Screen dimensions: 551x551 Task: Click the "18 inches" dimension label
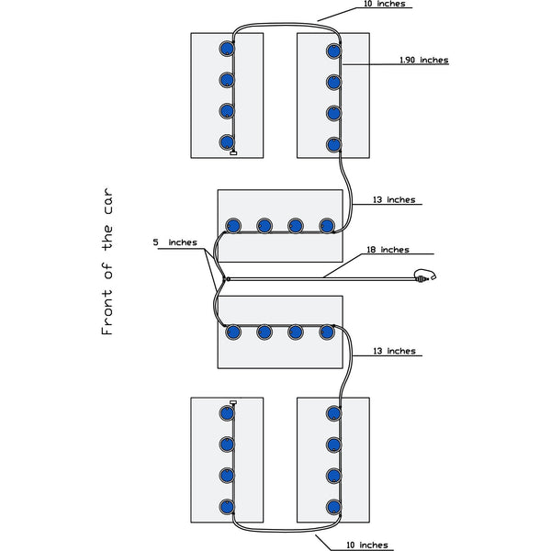(x=388, y=250)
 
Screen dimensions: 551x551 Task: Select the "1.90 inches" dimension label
(x=424, y=60)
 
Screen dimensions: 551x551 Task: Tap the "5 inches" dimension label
(x=174, y=242)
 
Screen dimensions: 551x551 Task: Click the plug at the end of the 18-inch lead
(x=423, y=275)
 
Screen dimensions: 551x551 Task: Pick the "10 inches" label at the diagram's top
(x=381, y=4)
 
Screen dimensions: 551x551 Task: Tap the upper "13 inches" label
(x=394, y=199)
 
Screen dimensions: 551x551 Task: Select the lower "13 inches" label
(x=394, y=351)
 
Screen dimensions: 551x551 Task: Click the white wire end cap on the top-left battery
(x=233, y=152)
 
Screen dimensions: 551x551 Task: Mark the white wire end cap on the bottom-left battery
(x=233, y=402)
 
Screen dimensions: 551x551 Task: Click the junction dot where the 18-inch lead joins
(x=225, y=277)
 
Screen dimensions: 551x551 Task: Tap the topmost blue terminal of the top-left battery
(x=227, y=49)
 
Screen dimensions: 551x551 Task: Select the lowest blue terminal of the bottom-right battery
(x=333, y=505)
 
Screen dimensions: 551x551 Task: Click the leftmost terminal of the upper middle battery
(x=233, y=225)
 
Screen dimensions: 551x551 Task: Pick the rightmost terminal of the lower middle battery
(x=327, y=332)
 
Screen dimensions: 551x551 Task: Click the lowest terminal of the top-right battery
(x=333, y=144)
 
